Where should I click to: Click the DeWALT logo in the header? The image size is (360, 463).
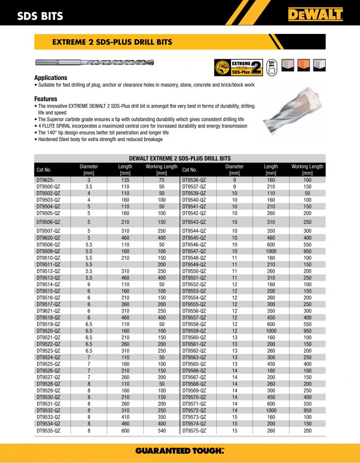coord(315,15)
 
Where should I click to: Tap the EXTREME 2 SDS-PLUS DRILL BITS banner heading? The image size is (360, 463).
coord(112,42)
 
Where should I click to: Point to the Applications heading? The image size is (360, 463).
coord(51,78)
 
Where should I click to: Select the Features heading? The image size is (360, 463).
coord(46,99)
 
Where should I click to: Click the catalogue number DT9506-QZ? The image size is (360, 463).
coord(48,222)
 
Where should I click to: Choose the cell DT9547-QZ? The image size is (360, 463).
coord(194,250)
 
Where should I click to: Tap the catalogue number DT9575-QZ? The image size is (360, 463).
coord(194,431)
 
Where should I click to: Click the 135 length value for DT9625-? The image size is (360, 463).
coord(125,180)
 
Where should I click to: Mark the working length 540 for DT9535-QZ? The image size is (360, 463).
coord(161,431)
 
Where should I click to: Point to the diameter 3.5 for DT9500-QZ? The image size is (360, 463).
coord(89,186)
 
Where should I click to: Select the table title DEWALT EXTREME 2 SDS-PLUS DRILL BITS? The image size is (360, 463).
coord(180,158)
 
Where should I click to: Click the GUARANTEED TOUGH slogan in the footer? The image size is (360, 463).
coord(180,451)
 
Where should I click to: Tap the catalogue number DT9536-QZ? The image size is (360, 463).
coord(194,180)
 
